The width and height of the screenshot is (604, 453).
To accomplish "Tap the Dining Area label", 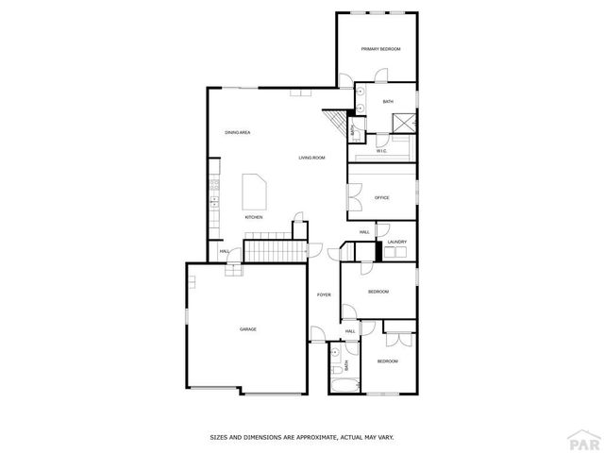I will click(237, 132).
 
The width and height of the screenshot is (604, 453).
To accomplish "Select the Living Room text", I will click(311, 158).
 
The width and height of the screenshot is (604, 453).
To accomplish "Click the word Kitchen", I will click(253, 218).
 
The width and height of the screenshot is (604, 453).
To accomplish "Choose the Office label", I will click(382, 197).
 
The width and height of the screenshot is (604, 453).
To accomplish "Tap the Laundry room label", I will click(396, 243).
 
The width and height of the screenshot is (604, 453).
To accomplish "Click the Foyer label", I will click(324, 295).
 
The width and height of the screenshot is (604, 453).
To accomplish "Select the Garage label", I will click(247, 328).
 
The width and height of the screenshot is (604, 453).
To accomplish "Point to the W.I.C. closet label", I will click(381, 150).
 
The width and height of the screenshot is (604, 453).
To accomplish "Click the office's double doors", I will click(352, 197).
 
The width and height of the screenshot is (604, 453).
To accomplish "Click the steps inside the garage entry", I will click(234, 269).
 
